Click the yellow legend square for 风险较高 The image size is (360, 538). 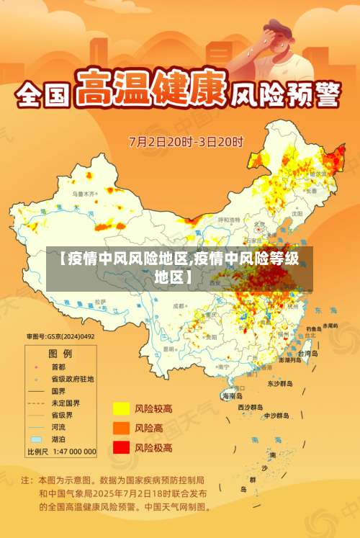click(x=120, y=408)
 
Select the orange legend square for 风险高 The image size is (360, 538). click(x=120, y=428)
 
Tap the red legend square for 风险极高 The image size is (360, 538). click(x=120, y=447)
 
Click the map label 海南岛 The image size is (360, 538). click(x=233, y=396)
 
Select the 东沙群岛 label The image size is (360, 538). click(x=280, y=384)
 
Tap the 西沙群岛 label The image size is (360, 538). click(x=251, y=407)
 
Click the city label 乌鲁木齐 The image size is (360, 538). click(x=84, y=194)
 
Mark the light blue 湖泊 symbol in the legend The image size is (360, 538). click(x=35, y=439)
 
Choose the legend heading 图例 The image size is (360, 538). click(x=60, y=354)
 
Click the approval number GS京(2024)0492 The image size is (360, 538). click(x=60, y=336)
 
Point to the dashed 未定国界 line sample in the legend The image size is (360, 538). click(x=35, y=403)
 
